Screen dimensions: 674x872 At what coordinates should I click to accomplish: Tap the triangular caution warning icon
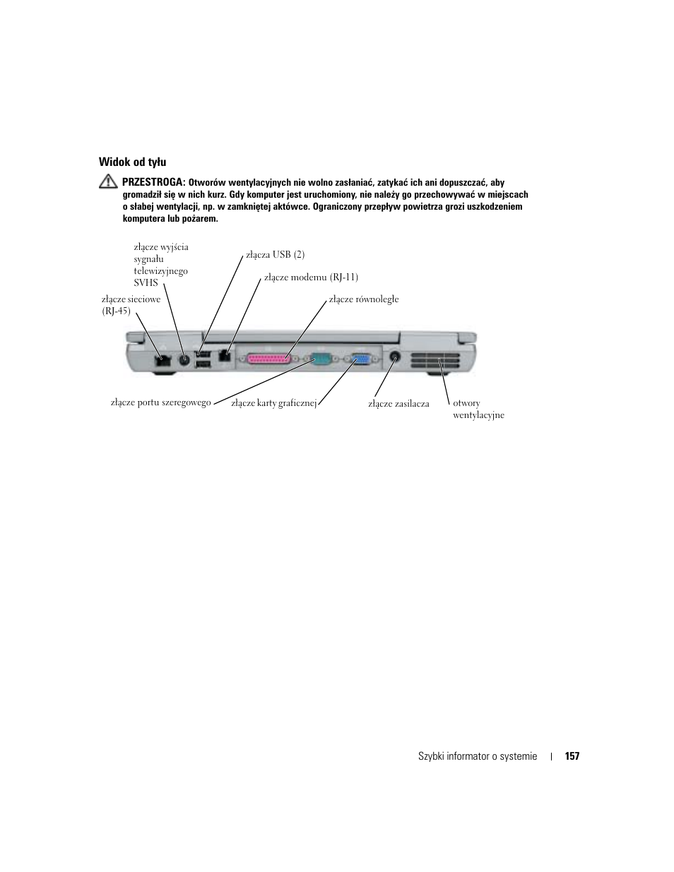[x=108, y=181]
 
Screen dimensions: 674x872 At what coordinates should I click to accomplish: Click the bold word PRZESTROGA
[x=153, y=182]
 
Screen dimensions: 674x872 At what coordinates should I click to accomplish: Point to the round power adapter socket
[x=394, y=357]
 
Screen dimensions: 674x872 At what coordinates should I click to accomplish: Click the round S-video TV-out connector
[x=185, y=359]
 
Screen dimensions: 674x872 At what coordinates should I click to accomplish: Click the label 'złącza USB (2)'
[x=275, y=254]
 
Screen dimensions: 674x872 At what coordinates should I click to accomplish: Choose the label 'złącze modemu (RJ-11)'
[x=311, y=277]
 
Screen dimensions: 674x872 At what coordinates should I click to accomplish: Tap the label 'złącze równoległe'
[x=364, y=299]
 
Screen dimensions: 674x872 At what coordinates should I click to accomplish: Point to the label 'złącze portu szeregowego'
[x=160, y=402]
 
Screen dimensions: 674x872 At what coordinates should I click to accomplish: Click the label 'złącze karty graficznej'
[x=273, y=404]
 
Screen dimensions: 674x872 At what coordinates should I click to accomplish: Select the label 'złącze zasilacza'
[x=398, y=404]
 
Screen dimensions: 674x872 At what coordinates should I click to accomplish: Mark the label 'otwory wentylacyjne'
[x=478, y=409]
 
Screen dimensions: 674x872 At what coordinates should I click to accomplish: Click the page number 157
[x=572, y=756]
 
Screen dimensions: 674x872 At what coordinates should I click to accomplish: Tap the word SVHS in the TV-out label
[x=146, y=282]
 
